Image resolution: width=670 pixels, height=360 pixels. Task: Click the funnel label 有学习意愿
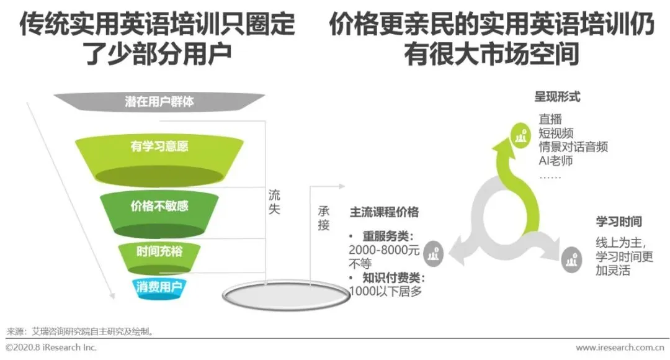[159, 146]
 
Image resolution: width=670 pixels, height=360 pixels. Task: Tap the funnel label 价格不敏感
[159, 206]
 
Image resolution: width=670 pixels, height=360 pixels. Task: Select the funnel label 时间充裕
[159, 251]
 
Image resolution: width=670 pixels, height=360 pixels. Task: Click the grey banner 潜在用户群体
[159, 101]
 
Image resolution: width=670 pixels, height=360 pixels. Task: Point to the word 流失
[274, 202]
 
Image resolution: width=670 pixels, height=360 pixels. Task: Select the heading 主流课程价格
[384, 212]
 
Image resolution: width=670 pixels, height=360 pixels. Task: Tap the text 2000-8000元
[385, 250]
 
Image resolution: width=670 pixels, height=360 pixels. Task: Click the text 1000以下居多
[386, 290]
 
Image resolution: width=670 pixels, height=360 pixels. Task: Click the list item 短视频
[555, 133]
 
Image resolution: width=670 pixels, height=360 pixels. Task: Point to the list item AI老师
[555, 161]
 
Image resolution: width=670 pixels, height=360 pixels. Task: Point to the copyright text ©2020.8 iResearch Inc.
[51, 348]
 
